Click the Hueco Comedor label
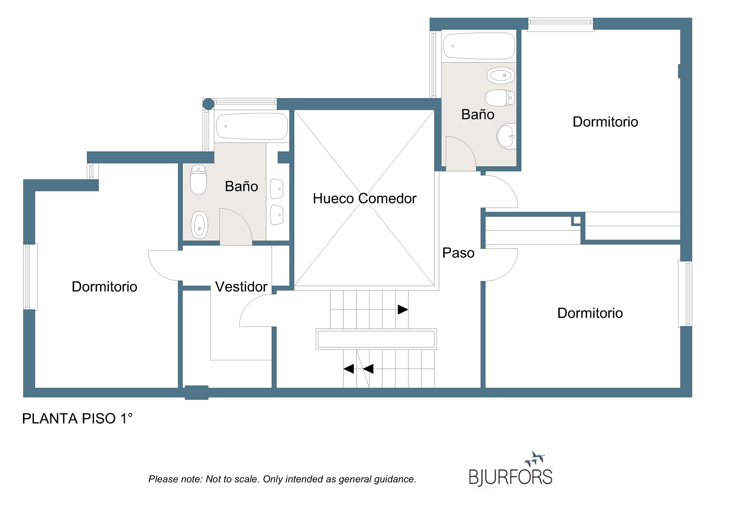coord(364,198)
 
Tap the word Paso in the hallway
coord(458,253)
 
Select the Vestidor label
coord(241,287)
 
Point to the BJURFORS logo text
coord(511,477)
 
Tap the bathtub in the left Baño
coord(252,126)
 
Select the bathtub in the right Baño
coord(479,46)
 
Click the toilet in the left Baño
coord(198,180)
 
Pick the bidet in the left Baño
coord(199,225)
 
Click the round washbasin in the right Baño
coord(506,136)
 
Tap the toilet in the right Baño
coord(500,98)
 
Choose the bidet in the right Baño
coord(501,75)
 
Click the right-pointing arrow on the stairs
coord(403,309)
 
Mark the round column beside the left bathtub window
coord(208,104)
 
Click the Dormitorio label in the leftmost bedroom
coord(104,287)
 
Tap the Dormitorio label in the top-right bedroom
coord(605,122)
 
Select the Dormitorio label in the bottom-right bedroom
coord(590,313)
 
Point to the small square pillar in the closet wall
coord(577,220)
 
